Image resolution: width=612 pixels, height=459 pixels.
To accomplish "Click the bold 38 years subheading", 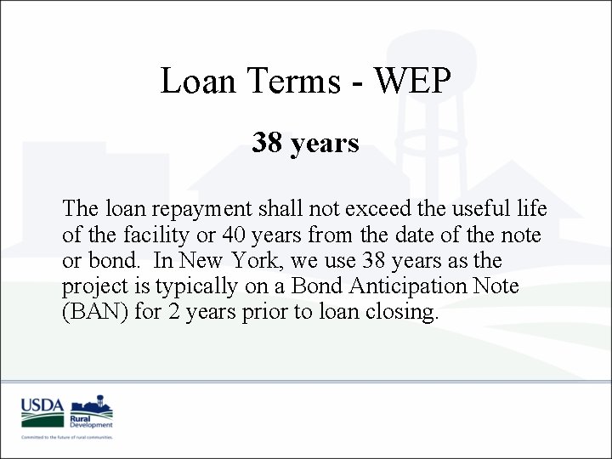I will [305, 144].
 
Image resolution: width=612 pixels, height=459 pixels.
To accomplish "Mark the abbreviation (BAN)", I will [96, 312].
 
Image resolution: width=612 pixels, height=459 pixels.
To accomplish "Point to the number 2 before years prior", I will [183, 312].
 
